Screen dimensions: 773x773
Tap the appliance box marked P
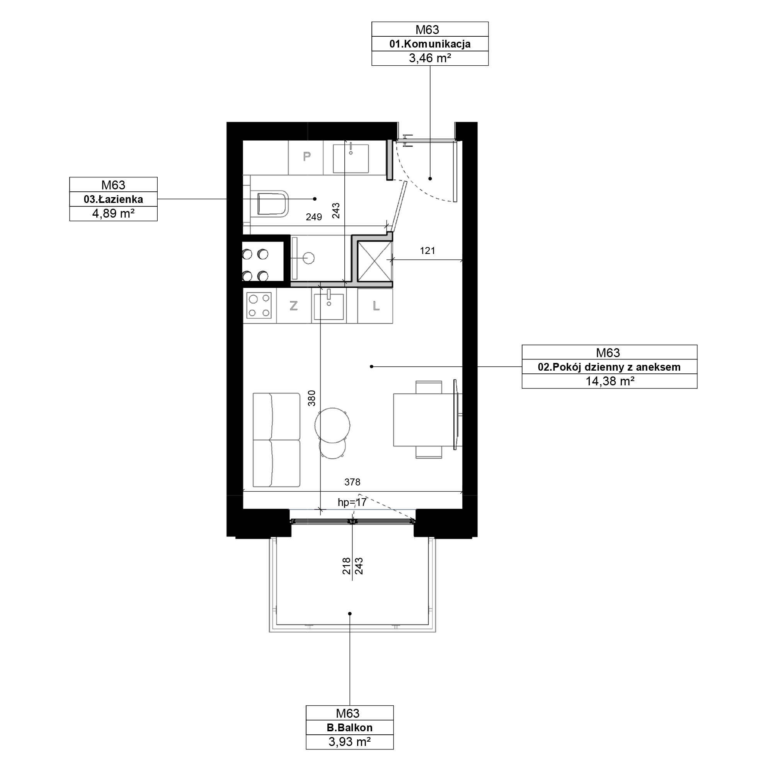coord(306,157)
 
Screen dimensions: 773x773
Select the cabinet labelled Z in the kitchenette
coord(294,306)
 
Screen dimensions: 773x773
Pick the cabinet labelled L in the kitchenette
coord(375,306)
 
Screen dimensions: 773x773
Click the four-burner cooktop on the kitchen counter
coord(259,305)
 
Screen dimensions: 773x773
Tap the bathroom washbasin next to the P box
coord(351,158)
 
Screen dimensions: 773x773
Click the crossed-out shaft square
coord(374,261)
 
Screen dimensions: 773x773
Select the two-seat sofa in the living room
coord(276,440)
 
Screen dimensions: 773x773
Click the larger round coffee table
coord(332,425)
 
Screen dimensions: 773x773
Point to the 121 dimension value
coord(427,251)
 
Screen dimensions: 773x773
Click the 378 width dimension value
coord(352,482)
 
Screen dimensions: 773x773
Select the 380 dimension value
coord(312,398)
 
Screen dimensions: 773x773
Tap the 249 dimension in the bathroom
coord(314,217)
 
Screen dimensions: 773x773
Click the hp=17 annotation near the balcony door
coord(352,502)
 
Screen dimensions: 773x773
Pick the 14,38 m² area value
coord(610,381)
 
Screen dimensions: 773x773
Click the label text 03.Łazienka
coord(113,199)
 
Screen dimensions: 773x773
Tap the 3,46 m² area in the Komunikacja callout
coord(430,58)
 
